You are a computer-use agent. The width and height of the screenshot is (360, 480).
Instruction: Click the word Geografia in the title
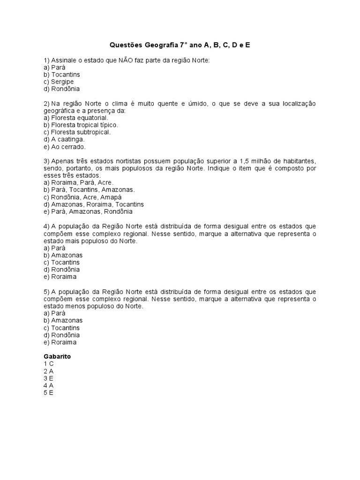pyautogui.click(x=159, y=45)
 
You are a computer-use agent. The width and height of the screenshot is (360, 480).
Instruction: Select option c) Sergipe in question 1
pyautogui.click(x=59, y=82)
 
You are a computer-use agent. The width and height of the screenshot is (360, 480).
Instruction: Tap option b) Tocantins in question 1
pyautogui.click(x=61, y=75)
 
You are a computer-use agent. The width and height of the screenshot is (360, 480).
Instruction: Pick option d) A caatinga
pyautogui.click(x=64, y=139)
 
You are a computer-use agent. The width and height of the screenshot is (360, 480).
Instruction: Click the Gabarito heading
pyautogui.click(x=57, y=356)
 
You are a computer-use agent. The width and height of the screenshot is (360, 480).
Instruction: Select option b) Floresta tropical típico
pyautogui.click(x=81, y=125)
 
